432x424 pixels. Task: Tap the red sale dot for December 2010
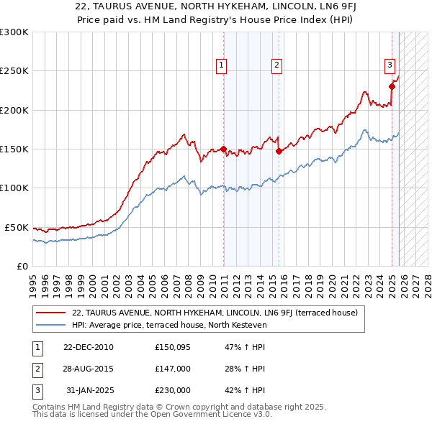[x=224, y=149]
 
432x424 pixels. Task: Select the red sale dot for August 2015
[x=279, y=152]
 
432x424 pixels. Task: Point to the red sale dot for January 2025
[x=392, y=87]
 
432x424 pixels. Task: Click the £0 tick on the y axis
[x=22, y=266]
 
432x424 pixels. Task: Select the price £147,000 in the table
[x=173, y=369]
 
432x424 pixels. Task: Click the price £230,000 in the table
[x=173, y=390]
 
